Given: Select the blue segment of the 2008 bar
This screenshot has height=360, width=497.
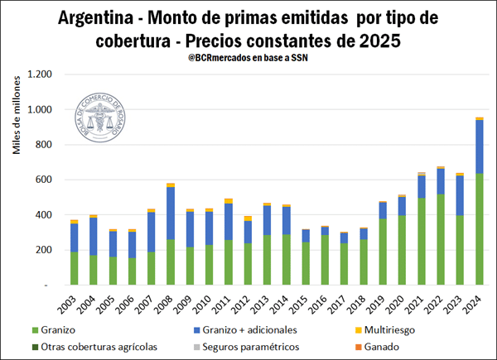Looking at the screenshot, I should click(x=171, y=214).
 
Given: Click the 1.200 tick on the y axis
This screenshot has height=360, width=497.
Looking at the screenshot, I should click(x=39, y=74).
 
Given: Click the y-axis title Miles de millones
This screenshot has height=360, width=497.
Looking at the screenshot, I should click(x=17, y=118).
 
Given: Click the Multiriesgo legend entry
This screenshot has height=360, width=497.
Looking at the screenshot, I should click(x=392, y=330).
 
